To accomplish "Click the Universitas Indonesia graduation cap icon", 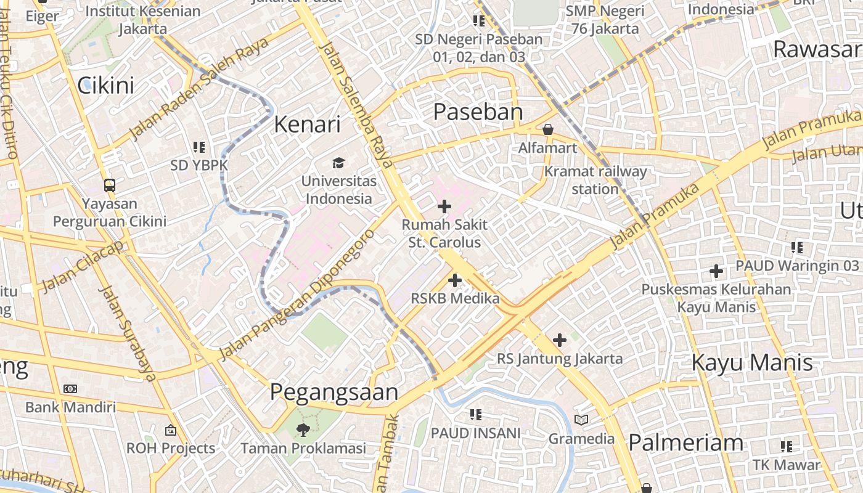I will click(338, 163).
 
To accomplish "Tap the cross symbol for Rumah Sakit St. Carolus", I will click(444, 206).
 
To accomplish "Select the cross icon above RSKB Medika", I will click(455, 280).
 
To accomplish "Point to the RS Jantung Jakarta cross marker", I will click(560, 340).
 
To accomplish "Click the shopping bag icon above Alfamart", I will click(547, 129).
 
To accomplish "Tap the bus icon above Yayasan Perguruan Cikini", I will click(110, 185).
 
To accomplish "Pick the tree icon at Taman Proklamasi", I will click(303, 430).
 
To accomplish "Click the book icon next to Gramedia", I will click(581, 420).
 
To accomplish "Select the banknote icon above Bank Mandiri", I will click(70, 389).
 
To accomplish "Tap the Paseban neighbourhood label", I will click(478, 112).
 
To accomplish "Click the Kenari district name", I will click(307, 124).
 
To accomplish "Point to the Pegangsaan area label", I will click(333, 393).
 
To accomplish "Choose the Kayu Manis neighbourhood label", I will click(752, 362).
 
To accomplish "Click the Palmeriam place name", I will click(685, 442).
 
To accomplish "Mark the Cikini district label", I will click(106, 85).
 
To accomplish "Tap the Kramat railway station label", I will click(595, 180).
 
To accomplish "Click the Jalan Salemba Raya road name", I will click(357, 105).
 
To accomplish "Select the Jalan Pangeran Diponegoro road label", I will click(297, 295).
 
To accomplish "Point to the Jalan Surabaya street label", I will click(126, 333).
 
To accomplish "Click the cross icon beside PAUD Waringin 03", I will click(716, 271).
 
